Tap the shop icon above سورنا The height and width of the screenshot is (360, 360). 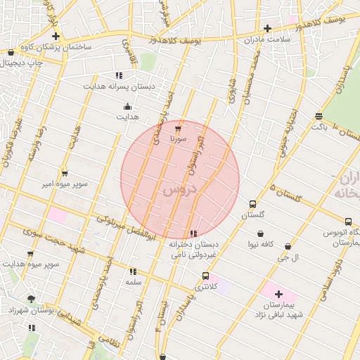coord(178,129)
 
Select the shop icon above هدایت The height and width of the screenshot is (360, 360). coord(127,107)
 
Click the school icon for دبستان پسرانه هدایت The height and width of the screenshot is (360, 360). coord(119,75)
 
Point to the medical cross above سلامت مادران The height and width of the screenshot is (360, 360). coord(267,29)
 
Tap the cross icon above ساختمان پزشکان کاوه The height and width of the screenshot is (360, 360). coord(56,36)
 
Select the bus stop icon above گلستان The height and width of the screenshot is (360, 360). coord(252,205)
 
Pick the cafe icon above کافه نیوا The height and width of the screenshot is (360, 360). coord(261,234)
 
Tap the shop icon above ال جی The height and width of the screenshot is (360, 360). coord(289,247)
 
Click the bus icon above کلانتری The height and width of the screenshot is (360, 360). coord(205,276)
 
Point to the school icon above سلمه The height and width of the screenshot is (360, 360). coord(132,271)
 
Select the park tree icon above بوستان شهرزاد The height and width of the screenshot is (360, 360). coord(31,299)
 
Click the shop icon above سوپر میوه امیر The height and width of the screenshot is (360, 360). coord(65,173)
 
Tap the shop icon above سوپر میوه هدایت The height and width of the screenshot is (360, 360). coord(30,254)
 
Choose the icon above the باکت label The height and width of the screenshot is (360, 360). coord(319,116)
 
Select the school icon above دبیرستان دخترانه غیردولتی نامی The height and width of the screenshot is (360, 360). coord(193,234)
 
